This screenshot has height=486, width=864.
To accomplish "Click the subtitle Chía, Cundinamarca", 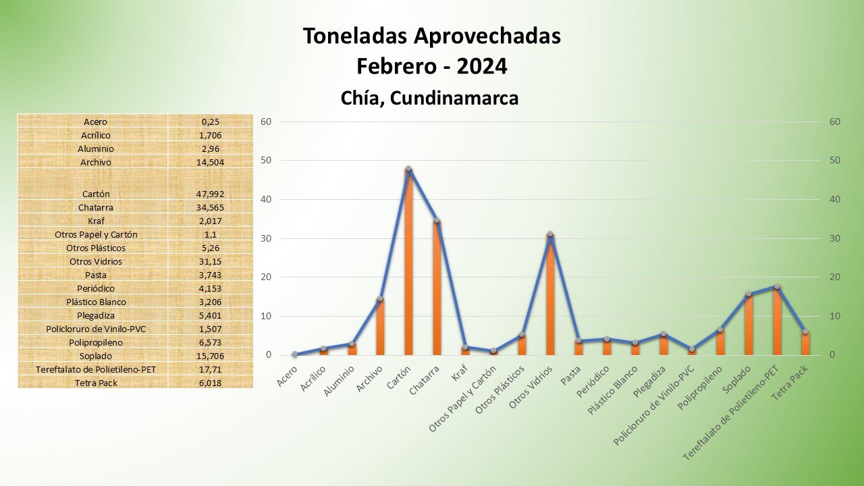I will (429, 98).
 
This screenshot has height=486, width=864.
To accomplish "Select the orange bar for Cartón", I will (408, 263).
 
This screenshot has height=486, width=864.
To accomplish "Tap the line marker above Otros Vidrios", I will (550, 234).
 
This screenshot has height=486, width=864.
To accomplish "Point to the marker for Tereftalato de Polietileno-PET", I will (777, 286).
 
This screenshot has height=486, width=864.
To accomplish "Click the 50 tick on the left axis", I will (266, 161).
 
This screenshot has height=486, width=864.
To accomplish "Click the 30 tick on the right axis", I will (835, 238).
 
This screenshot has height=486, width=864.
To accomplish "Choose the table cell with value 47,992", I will (210, 194).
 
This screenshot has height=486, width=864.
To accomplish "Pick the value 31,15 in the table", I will (210, 261).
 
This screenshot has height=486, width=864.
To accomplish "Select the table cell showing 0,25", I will (210, 122).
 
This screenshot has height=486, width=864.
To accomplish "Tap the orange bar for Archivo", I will (380, 327).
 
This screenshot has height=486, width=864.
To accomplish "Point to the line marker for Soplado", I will (749, 294).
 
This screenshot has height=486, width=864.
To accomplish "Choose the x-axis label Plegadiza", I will (650, 385).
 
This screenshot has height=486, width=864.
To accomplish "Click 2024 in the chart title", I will (482, 67).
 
